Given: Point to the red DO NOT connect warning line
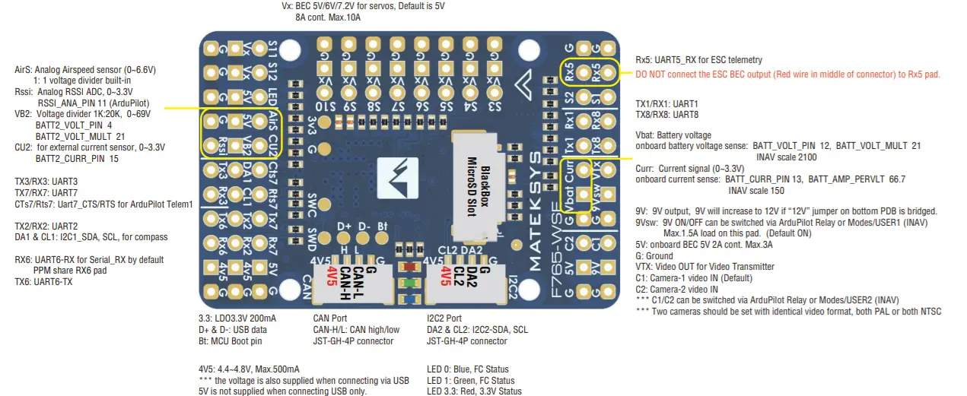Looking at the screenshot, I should coord(787,74).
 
